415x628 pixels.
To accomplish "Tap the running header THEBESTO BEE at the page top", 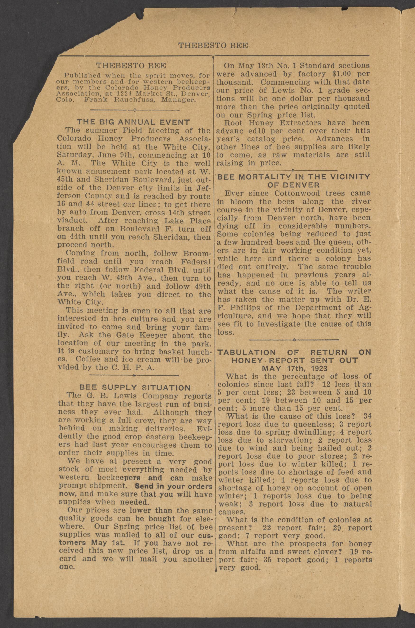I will (213, 46).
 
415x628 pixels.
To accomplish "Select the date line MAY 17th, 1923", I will (294, 368).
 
